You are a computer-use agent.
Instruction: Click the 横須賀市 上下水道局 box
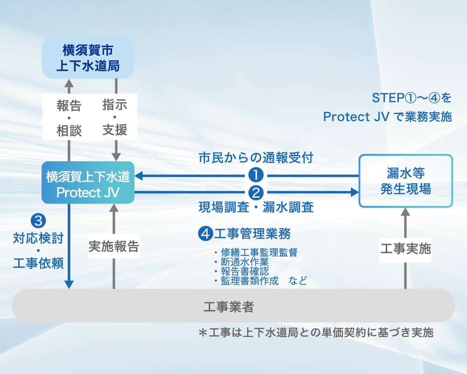[88, 58]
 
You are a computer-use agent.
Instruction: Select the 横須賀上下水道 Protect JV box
[88, 183]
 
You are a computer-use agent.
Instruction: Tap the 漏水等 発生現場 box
[405, 181]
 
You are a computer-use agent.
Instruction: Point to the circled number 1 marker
[256, 175]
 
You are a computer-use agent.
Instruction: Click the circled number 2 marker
[256, 192]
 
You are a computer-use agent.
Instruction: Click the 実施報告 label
[114, 246]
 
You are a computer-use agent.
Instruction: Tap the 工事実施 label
[405, 248]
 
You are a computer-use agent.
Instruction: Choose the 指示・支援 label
[115, 117]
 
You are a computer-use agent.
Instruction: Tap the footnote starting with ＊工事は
[316, 333]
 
